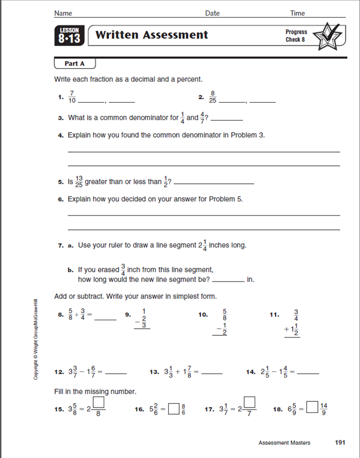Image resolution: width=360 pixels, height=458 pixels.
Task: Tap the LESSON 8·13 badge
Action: [69, 36]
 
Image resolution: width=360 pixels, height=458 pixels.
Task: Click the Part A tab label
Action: [74, 64]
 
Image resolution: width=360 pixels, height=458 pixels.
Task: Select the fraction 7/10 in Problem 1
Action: [72, 98]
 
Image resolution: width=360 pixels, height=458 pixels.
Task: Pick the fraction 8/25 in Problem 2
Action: [212, 98]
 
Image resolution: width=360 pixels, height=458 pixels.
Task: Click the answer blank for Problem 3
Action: [227, 119]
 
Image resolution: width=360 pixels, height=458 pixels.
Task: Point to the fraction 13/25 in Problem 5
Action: [78, 182]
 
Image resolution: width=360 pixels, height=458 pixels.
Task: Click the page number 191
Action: [341, 442]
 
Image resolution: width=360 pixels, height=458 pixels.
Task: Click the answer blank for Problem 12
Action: [116, 373]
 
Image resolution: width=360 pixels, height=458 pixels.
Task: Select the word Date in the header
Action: [212, 13]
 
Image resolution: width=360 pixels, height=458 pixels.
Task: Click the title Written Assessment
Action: [151, 35]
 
